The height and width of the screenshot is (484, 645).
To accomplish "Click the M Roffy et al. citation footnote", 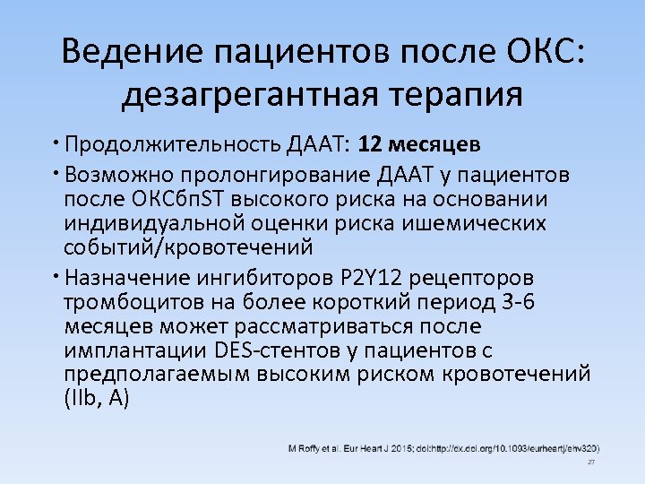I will tap(443, 447).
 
